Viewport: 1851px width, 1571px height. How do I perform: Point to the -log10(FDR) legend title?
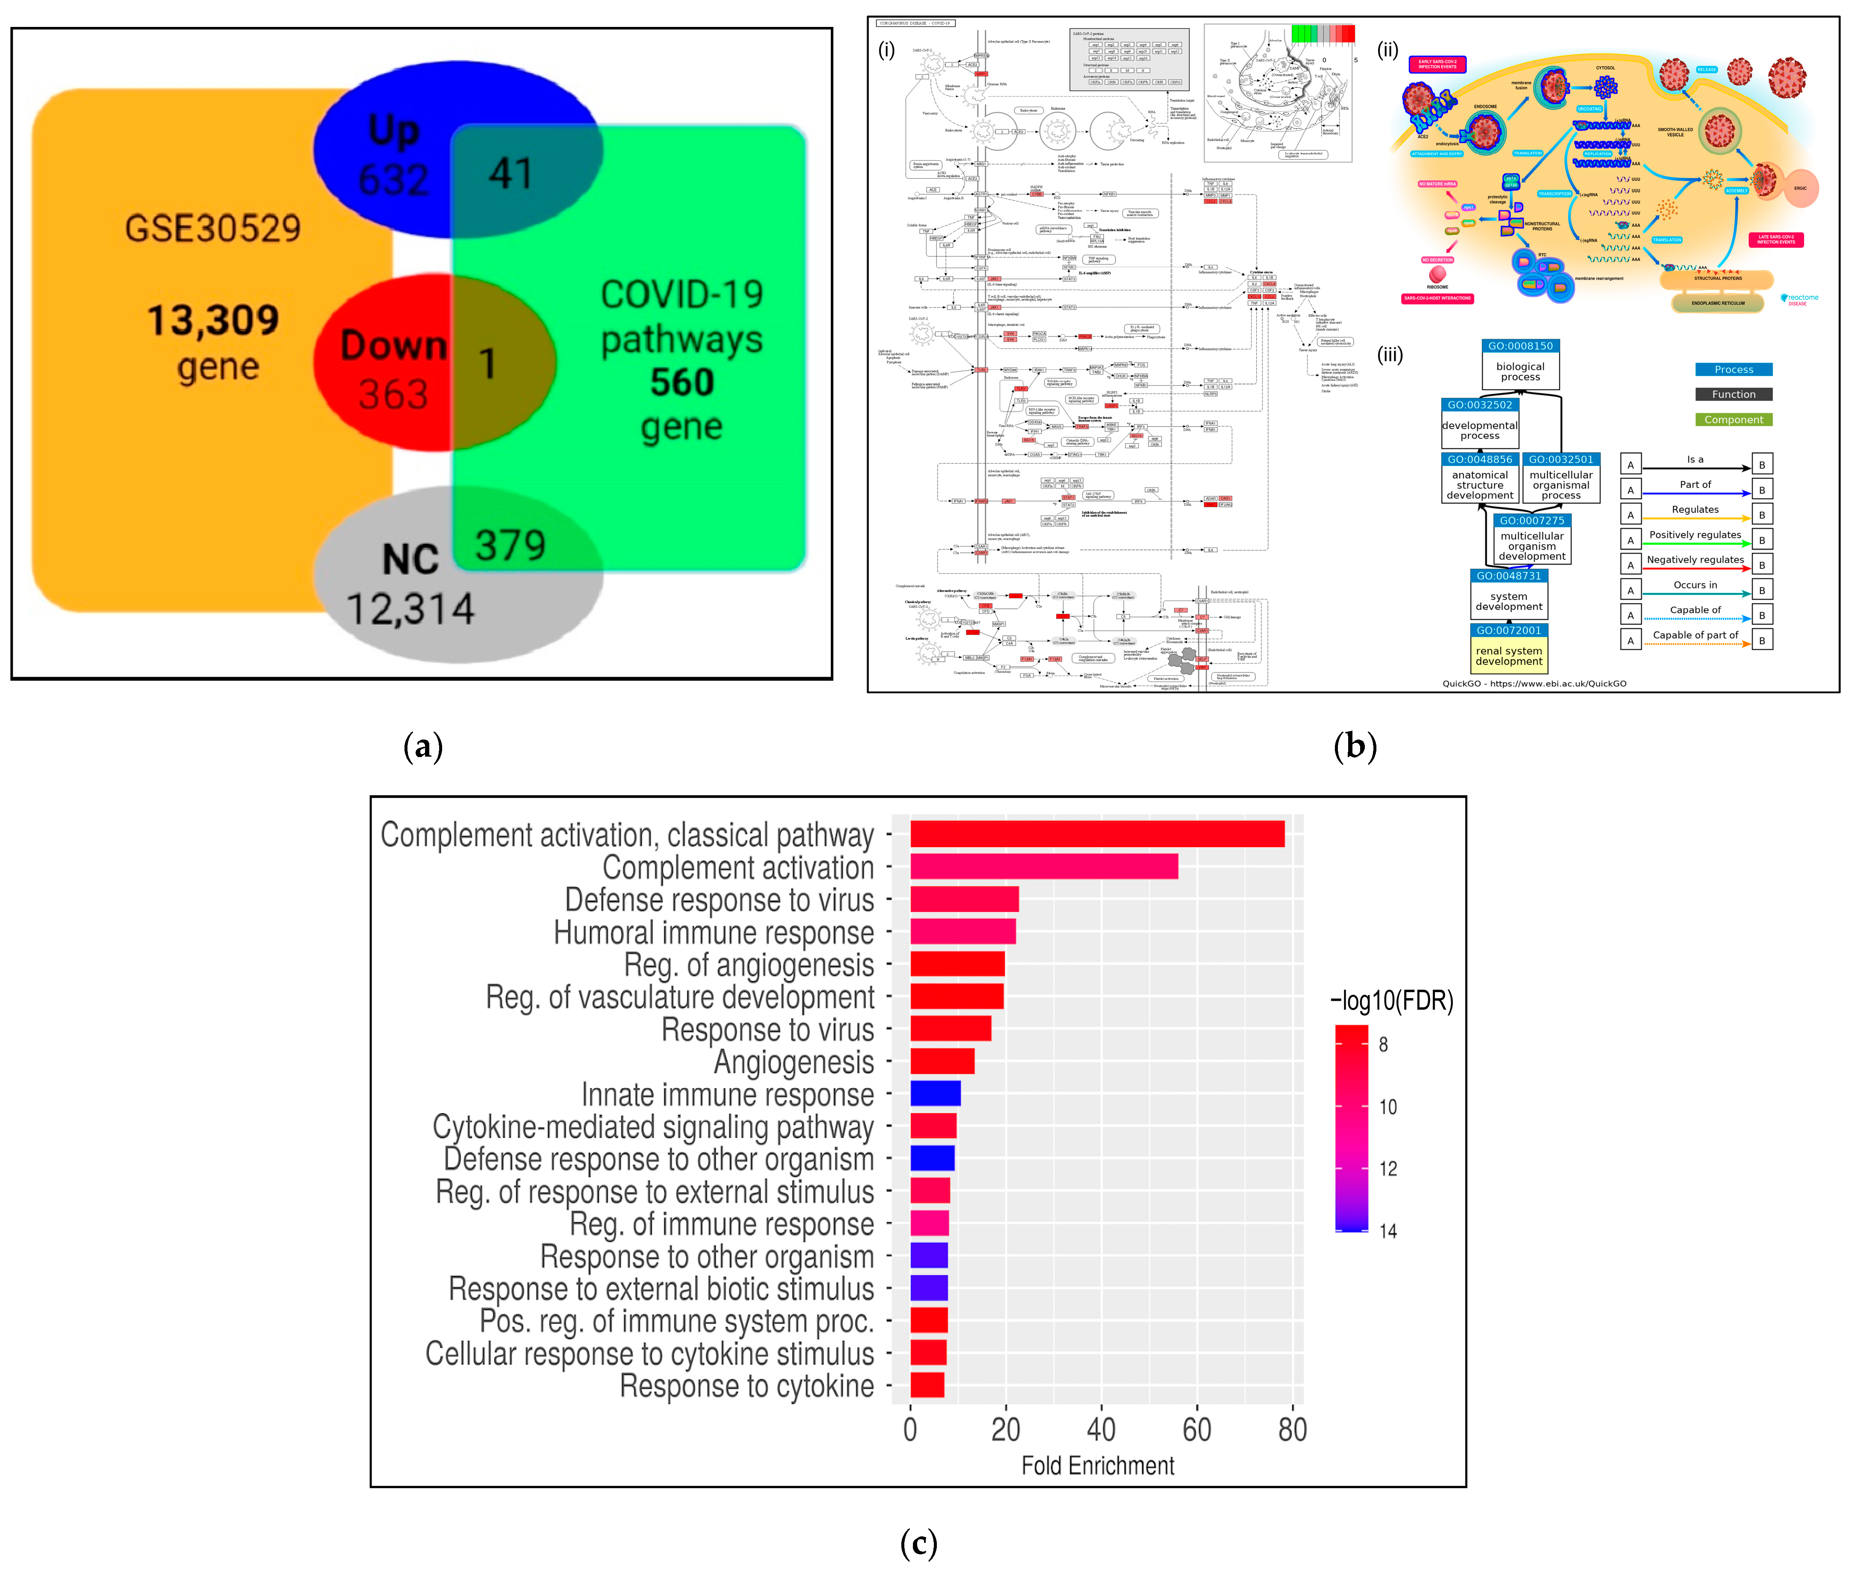(1391, 1001)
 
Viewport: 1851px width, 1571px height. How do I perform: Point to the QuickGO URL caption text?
(1534, 683)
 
